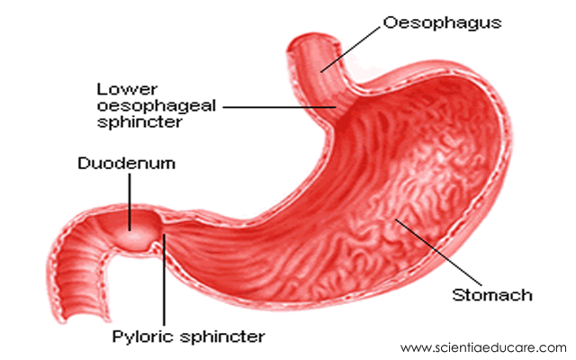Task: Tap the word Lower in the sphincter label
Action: pos(118,88)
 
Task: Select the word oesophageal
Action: pos(148,105)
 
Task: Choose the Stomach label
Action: pos(491,295)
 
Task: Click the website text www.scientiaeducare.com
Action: pos(483,347)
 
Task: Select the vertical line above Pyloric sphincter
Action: pos(164,279)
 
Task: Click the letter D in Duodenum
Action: pos(83,165)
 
